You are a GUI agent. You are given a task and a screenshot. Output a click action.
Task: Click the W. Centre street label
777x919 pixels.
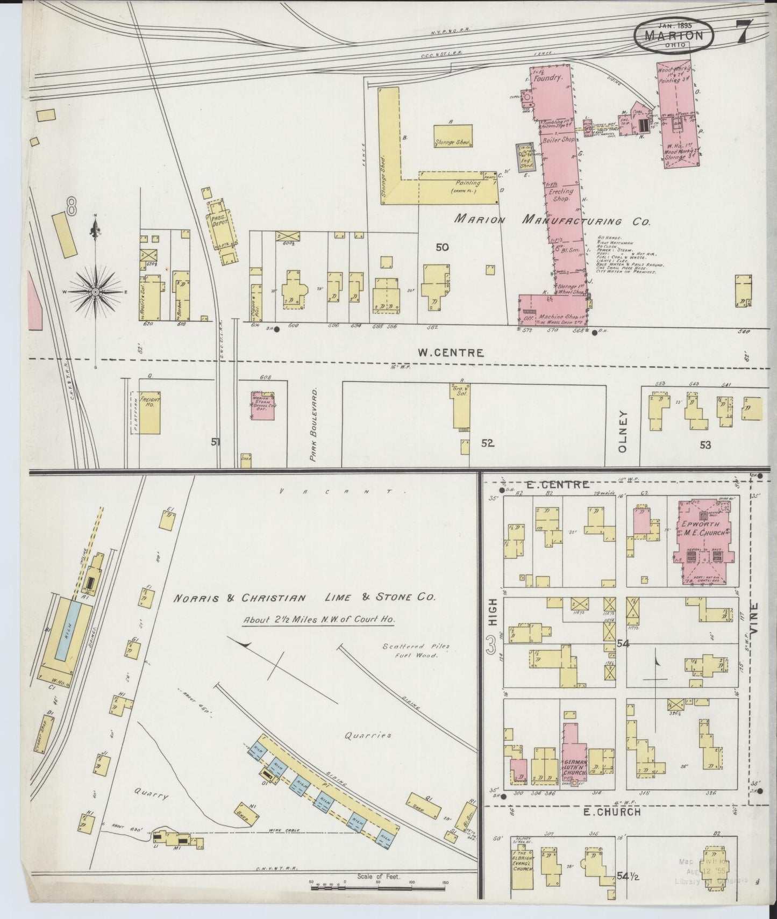(x=451, y=353)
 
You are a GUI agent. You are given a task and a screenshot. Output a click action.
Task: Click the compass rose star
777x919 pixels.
(x=95, y=292)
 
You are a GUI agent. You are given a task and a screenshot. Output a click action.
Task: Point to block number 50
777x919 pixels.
(x=442, y=248)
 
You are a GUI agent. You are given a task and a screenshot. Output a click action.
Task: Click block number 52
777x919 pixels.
(x=487, y=443)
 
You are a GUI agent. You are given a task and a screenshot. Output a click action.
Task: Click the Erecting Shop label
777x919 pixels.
(x=561, y=195)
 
